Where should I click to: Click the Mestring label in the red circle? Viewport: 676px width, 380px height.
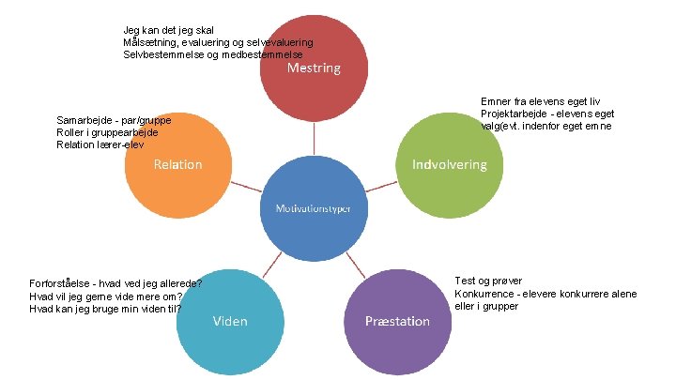314,68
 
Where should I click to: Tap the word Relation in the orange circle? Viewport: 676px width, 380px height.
177,164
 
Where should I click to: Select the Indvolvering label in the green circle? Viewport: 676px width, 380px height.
450,164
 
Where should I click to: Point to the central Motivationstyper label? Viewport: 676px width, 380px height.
314,207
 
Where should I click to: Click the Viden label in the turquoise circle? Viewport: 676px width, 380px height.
230,321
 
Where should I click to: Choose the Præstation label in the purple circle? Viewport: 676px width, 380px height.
397,321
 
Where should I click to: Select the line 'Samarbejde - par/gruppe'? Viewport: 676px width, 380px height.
114,121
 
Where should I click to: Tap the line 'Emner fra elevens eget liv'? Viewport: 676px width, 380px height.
540,101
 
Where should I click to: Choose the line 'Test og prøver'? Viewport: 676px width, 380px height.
488,281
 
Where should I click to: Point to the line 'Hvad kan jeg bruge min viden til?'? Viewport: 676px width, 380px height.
105,308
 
